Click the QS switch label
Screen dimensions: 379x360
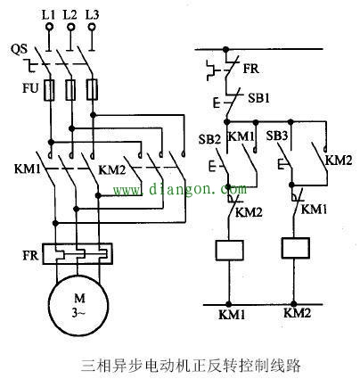coord(19,50)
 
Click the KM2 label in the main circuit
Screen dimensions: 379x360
coord(110,169)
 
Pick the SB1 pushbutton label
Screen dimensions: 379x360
coord(258,95)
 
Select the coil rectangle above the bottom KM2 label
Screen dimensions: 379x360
coord(296,247)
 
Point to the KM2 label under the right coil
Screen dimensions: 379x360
coord(298,314)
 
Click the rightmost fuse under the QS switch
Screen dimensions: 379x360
coord(93,89)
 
